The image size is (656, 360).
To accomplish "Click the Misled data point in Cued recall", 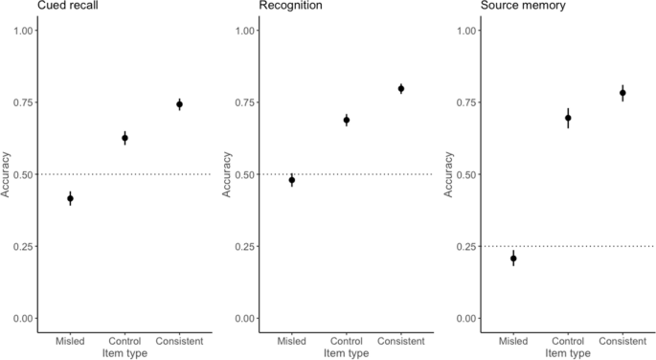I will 70,198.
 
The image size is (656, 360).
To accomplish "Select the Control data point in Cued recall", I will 124,138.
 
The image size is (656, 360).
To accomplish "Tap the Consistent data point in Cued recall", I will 179,104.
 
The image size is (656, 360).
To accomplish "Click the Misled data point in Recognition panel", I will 292,180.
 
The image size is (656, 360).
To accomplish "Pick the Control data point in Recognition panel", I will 347,120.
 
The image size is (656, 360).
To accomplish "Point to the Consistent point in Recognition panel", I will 401,88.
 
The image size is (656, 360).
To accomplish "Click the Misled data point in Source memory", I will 513,259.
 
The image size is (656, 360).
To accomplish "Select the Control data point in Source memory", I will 568,118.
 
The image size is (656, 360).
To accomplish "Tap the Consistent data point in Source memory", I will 622,93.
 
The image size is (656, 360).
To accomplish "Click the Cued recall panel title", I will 39,7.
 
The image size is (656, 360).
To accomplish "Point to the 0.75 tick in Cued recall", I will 23,102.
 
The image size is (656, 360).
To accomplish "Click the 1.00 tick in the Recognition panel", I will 245,31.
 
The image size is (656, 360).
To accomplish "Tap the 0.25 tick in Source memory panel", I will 467,246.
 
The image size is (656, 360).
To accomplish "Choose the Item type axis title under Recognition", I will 347,353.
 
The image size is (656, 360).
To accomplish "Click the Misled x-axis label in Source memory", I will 513,341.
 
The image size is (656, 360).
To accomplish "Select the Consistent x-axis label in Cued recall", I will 179,341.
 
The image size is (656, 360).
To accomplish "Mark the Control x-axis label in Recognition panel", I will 347,341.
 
